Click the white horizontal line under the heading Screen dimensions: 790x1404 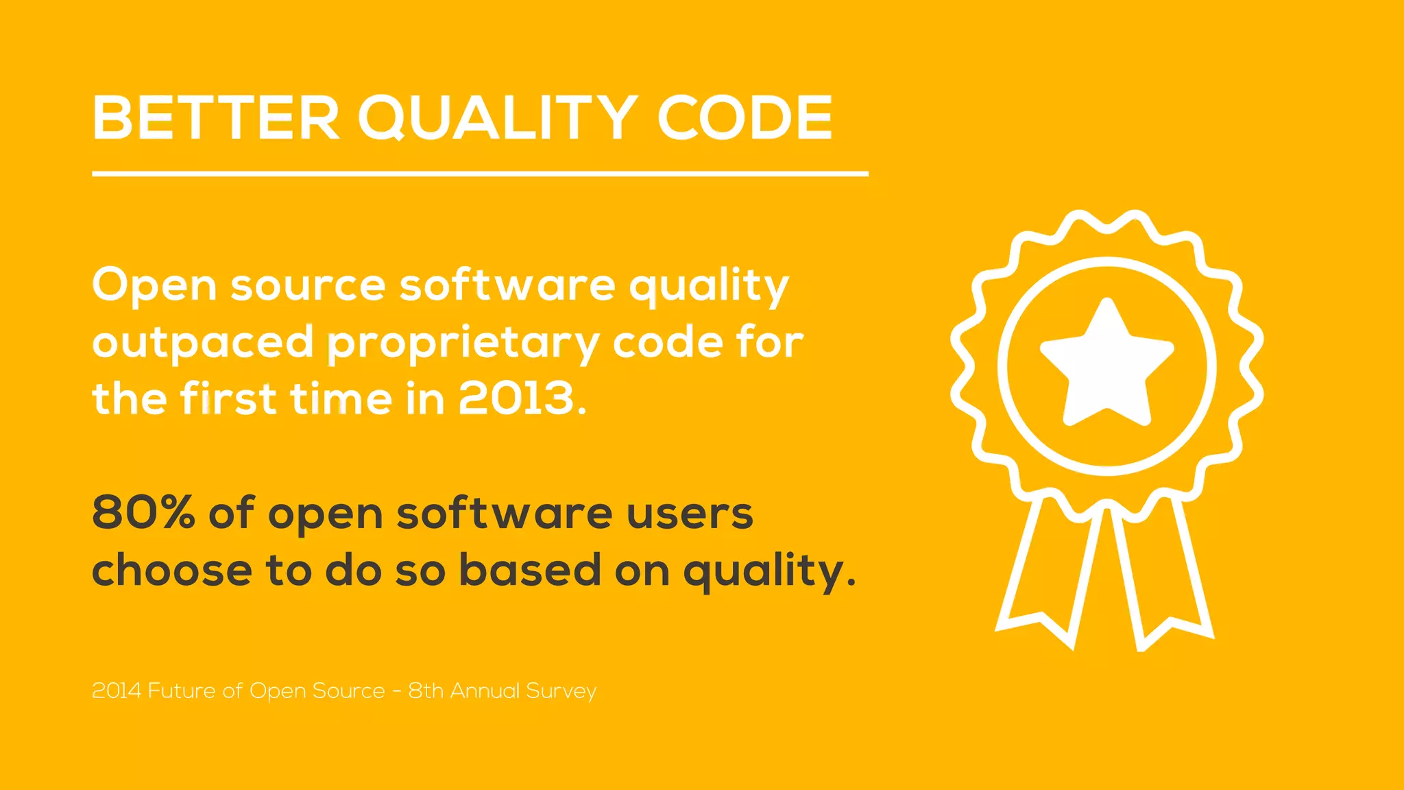(480, 174)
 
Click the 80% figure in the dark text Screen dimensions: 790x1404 (143, 512)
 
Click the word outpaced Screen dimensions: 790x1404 (203, 343)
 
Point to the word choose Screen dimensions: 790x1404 (172, 571)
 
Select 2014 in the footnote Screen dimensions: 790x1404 (117, 691)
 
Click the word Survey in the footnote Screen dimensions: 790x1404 (561, 691)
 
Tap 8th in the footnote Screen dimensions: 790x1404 (426, 691)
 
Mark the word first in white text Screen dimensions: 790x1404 (228, 398)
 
